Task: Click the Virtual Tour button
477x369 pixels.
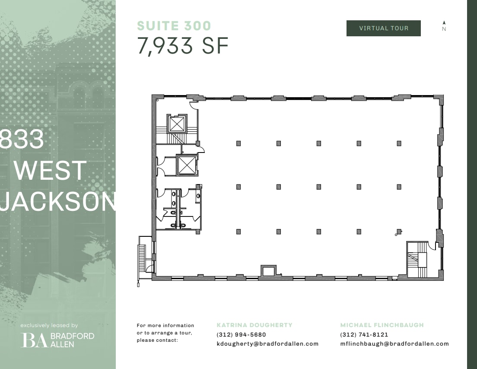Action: coord(383,28)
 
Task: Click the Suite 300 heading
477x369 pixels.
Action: coord(174,26)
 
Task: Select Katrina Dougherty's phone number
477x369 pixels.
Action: coord(241,334)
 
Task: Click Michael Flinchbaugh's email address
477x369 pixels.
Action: coord(394,344)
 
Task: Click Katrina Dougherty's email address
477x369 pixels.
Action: coord(267,344)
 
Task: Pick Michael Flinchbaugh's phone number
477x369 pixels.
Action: coord(364,334)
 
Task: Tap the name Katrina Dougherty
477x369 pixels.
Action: coord(254,325)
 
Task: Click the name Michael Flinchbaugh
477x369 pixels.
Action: coord(382,325)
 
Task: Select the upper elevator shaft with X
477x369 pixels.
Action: coord(177,124)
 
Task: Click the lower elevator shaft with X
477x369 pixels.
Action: coord(187,165)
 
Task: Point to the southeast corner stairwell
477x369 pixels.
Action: coord(417,259)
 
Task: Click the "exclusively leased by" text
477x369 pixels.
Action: coord(49,325)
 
